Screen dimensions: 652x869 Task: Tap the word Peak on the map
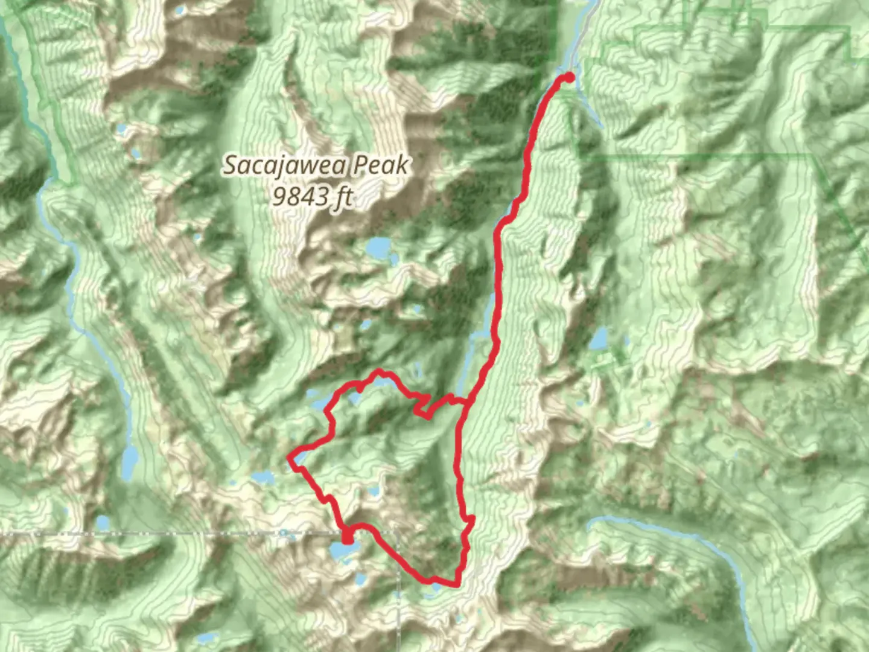381,165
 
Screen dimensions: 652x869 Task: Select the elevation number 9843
300,196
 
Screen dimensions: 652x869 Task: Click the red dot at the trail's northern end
568,77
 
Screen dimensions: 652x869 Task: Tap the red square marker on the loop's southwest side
347,536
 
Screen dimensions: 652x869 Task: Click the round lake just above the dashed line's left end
103,522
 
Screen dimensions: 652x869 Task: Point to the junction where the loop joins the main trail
465,400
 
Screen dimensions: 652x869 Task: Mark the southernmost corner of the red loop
457,584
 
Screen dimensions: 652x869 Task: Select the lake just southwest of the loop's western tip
263,478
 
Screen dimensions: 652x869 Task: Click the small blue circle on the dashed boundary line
283,532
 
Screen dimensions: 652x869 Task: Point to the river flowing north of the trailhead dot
583,30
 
